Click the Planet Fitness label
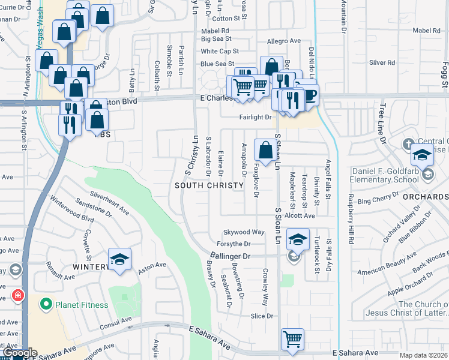82,305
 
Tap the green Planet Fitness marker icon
46,305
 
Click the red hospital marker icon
17,295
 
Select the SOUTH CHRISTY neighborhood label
209,185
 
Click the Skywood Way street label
244,232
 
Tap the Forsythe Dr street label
233,244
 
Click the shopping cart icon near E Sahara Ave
292,339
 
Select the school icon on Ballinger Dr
297,239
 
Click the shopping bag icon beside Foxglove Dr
265,150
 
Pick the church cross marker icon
407,145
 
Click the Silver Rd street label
382,62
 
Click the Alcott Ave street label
300,215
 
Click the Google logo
19,353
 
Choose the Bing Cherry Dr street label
378,199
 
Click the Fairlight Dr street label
256,118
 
